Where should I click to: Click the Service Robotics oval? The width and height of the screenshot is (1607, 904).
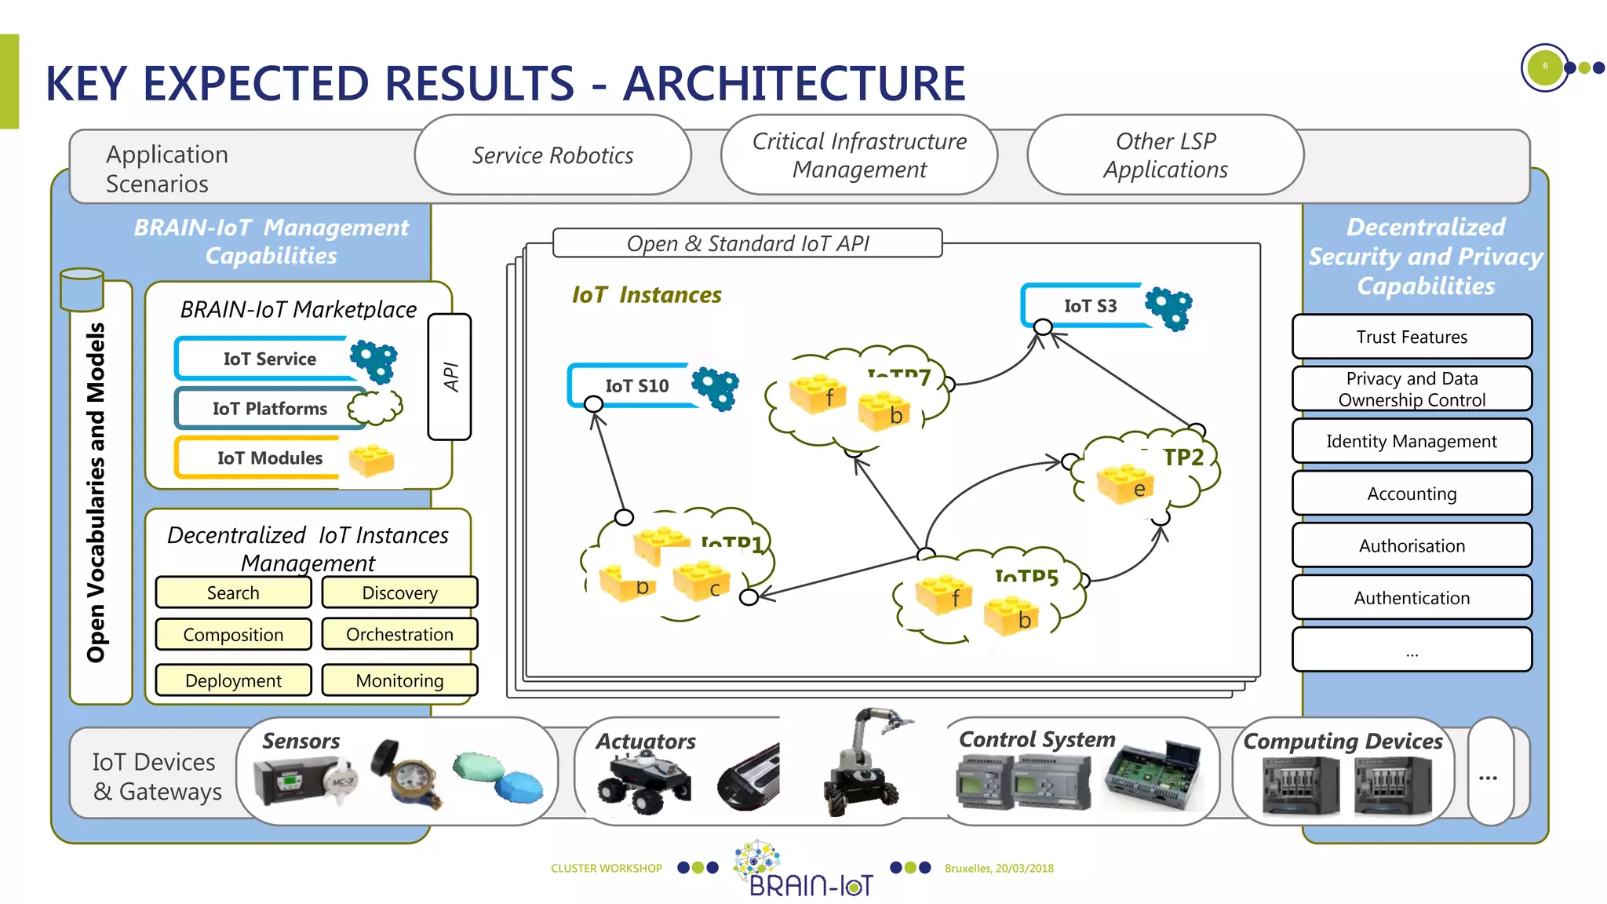[x=552, y=155]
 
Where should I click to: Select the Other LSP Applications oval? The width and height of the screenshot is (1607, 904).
[x=1165, y=155]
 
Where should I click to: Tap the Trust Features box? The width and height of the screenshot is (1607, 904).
[x=1411, y=337]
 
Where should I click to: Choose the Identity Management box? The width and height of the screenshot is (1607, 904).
[x=1411, y=441]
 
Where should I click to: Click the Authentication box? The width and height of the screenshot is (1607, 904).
[x=1411, y=598]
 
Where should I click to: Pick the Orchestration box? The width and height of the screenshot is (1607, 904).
[x=399, y=634]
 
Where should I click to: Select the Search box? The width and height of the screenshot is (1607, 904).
[x=233, y=592]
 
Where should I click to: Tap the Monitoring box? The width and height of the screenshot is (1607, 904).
[x=399, y=680]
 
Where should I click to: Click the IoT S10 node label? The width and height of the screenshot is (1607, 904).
[x=636, y=385]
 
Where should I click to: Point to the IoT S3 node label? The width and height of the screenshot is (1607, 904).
[x=1089, y=306]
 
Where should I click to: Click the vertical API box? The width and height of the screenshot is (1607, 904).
[x=450, y=377]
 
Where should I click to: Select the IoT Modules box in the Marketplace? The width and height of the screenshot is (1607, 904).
[x=269, y=457]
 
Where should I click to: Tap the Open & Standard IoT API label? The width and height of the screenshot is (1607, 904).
[x=747, y=243]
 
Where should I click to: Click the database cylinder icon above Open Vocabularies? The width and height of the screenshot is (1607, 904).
[x=82, y=290]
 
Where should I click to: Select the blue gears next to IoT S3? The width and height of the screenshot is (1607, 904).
[x=1168, y=308]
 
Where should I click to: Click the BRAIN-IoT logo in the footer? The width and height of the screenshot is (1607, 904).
[x=808, y=869]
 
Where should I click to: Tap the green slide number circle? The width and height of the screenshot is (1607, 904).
[x=1544, y=67]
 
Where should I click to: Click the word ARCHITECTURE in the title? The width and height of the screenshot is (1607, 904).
[x=794, y=83]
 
